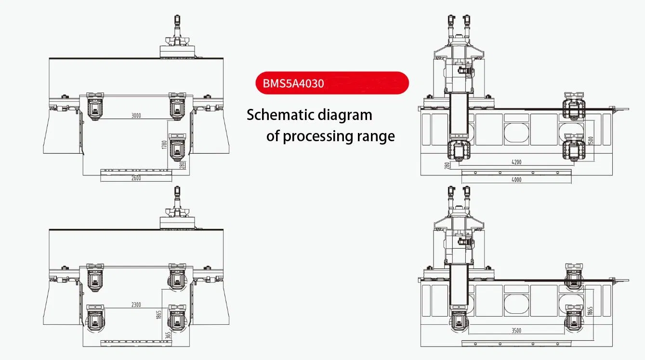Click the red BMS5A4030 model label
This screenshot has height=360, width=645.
(293, 83)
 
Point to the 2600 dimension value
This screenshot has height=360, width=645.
(136, 178)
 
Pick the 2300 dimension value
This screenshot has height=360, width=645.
(136, 305)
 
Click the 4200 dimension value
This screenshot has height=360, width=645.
(515, 162)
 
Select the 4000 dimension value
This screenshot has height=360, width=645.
(516, 180)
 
